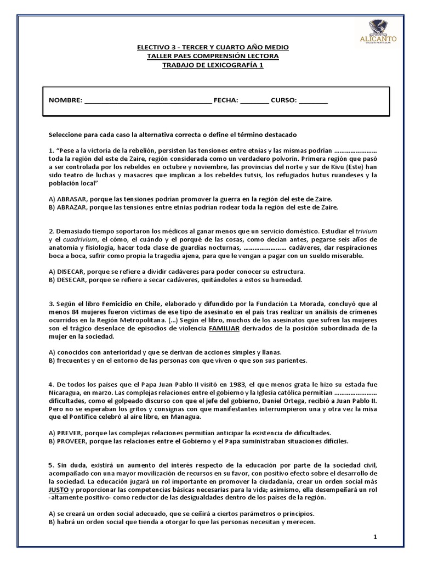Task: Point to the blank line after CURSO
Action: (x=314, y=101)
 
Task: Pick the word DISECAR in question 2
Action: (x=71, y=272)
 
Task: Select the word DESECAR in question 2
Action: (x=72, y=280)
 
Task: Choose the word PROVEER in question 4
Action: (x=73, y=441)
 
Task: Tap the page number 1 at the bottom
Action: (x=376, y=537)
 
